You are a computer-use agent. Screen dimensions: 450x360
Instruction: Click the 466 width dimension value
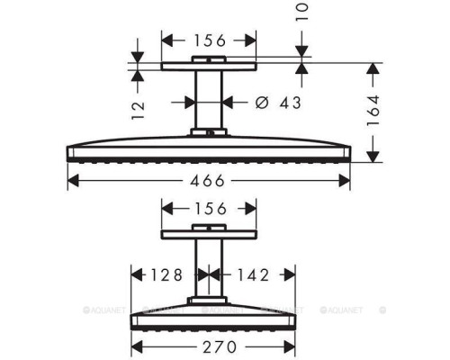click(x=209, y=180)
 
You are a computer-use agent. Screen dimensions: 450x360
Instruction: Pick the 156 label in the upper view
click(x=209, y=40)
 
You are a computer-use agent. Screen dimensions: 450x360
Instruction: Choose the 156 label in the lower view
click(x=209, y=209)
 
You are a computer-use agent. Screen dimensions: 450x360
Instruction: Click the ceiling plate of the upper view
click(x=209, y=66)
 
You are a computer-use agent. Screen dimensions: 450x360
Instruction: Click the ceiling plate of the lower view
click(x=209, y=234)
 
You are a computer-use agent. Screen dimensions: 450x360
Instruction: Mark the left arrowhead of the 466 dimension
click(x=73, y=180)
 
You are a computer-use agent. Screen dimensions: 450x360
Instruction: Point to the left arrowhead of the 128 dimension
click(x=136, y=274)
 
